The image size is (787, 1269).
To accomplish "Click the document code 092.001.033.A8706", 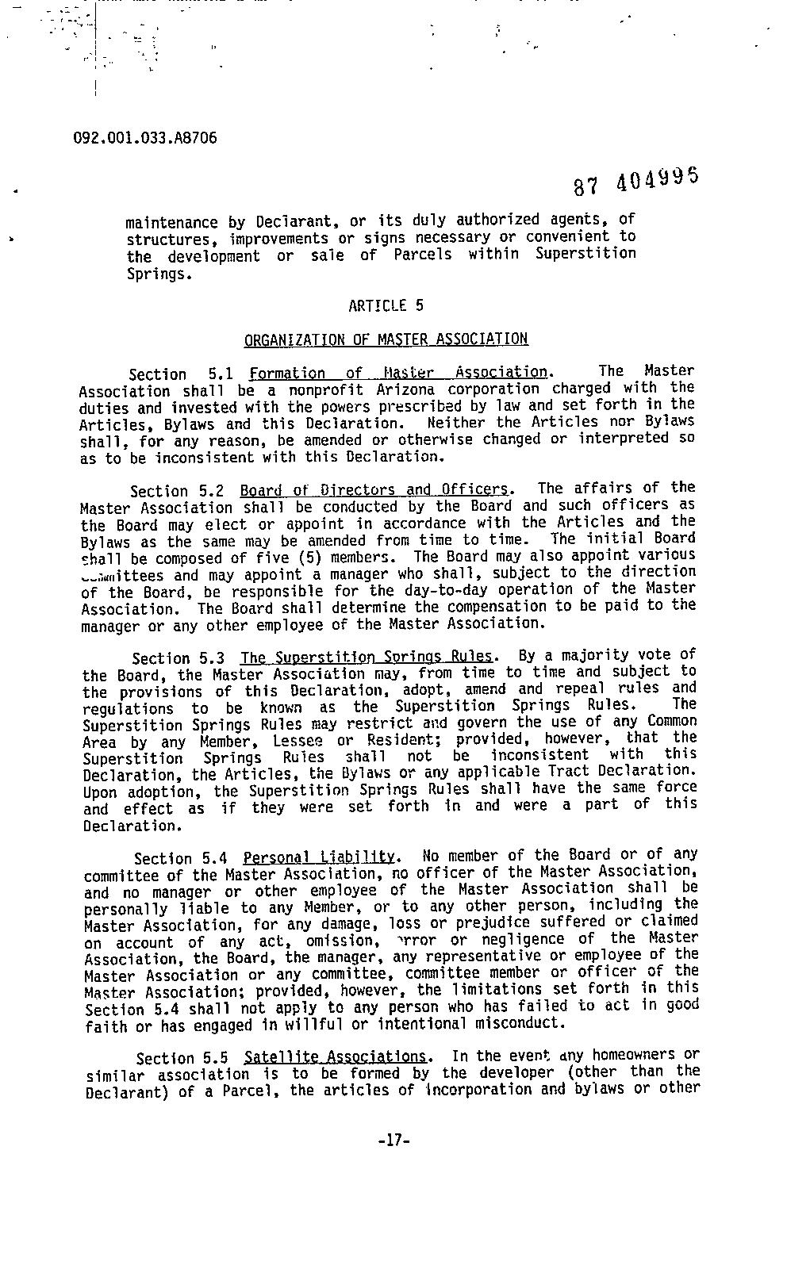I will click(x=144, y=137).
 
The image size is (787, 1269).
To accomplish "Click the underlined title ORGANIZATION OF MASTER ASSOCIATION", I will click(x=386, y=340).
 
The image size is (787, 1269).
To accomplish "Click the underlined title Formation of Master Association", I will click(x=398, y=373).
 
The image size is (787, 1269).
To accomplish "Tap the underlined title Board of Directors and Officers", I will click(x=375, y=489).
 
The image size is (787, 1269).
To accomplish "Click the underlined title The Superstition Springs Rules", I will click(x=368, y=658).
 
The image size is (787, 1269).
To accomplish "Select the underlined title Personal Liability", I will click(x=319, y=857).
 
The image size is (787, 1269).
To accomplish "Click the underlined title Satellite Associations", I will click(x=336, y=1057).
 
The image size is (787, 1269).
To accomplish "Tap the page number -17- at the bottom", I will click(x=393, y=1141).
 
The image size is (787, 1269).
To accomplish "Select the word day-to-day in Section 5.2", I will click(x=413, y=591).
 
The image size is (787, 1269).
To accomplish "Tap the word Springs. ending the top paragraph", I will click(x=159, y=274).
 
